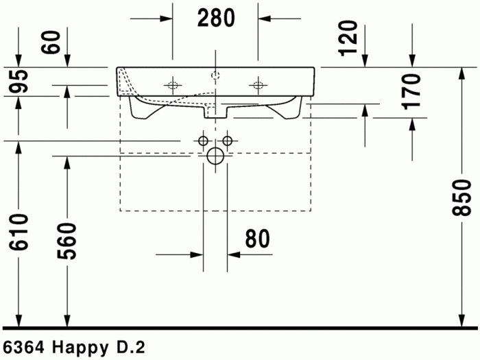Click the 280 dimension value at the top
click(215, 19)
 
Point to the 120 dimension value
click(349, 38)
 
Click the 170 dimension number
click(410, 92)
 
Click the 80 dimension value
click(256, 239)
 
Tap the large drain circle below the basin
click(215, 156)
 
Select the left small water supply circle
click(203, 141)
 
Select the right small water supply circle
click(227, 141)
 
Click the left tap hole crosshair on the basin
click(171, 86)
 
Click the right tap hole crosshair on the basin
click(258, 86)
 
